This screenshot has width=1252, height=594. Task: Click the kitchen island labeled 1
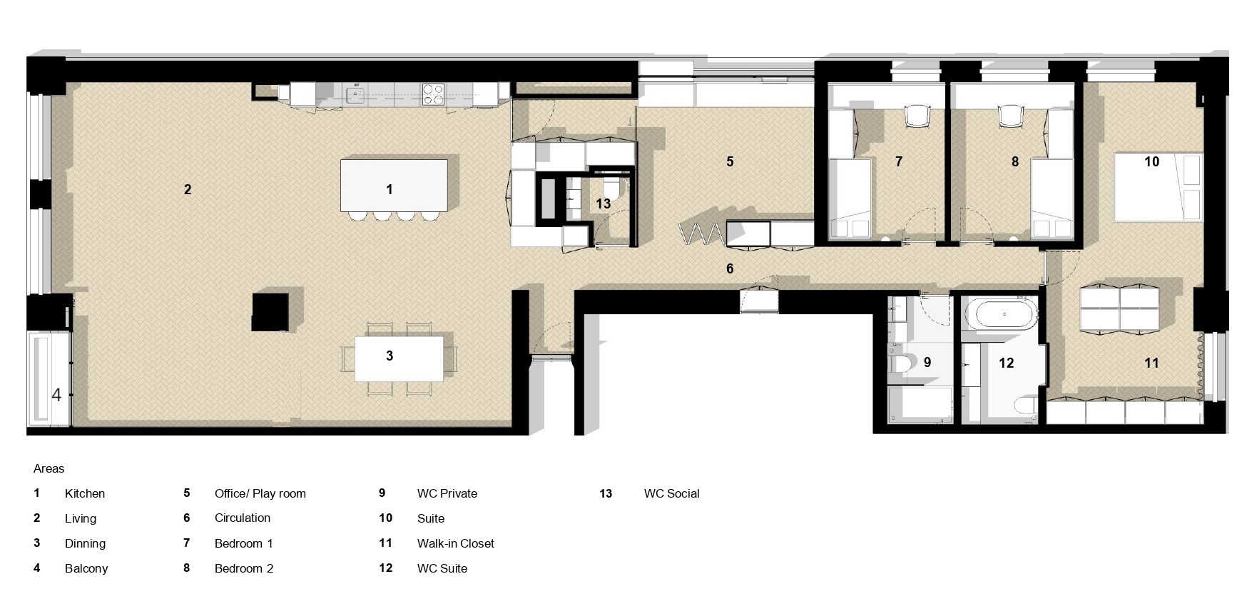(x=394, y=185)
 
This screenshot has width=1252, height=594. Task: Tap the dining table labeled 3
(x=398, y=358)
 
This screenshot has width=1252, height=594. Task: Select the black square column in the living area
(x=270, y=312)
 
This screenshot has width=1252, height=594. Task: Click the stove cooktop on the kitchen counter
(x=433, y=94)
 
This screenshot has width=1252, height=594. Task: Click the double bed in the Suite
(x=1158, y=187)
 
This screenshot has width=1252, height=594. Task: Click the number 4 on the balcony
(x=56, y=395)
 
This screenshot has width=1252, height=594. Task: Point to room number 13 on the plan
(x=604, y=203)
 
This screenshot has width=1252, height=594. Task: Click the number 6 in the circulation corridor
(x=730, y=268)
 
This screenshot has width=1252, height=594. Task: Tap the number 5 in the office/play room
(x=730, y=162)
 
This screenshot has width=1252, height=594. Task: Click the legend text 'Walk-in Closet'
(x=456, y=543)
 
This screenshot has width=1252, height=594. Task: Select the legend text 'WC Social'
(x=671, y=493)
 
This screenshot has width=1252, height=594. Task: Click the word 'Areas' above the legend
(x=49, y=468)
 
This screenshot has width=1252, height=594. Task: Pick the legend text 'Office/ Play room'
(x=260, y=493)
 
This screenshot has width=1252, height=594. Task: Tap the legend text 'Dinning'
(x=85, y=543)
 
